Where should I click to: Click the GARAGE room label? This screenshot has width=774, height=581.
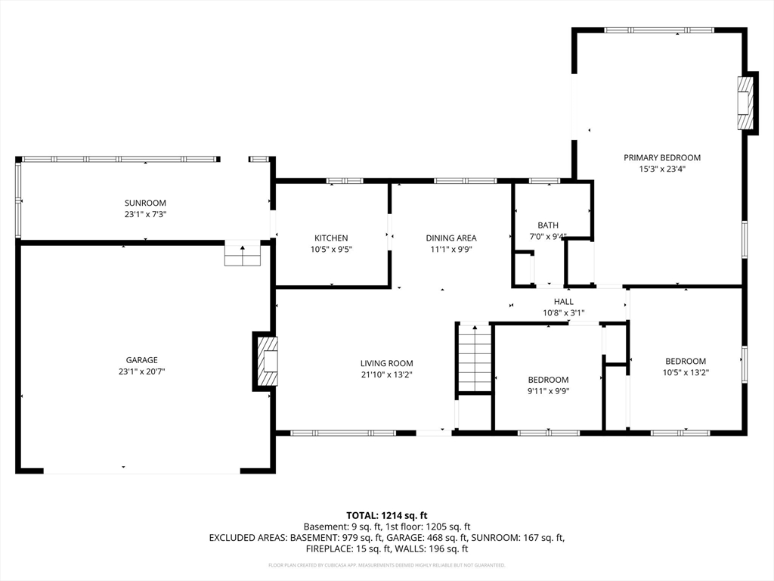pyautogui.click(x=141, y=360)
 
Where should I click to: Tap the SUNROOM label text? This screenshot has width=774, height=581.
pyautogui.click(x=145, y=203)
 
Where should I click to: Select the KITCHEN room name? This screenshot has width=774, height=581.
pyautogui.click(x=331, y=238)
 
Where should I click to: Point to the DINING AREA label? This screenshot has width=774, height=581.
pyautogui.click(x=451, y=238)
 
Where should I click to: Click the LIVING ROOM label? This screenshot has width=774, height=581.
pyautogui.click(x=386, y=364)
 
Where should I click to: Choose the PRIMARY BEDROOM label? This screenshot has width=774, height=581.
pyautogui.click(x=662, y=157)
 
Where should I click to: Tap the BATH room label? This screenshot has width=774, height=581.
pyautogui.click(x=548, y=225)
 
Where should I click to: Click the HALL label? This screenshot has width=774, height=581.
pyautogui.click(x=564, y=301)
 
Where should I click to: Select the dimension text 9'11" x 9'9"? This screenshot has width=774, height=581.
pyautogui.click(x=549, y=391)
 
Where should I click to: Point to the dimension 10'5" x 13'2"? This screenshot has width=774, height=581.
pyautogui.click(x=686, y=372)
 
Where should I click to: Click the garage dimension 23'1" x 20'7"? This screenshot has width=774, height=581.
pyautogui.click(x=141, y=371)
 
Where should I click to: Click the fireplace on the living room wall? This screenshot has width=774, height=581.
pyautogui.click(x=265, y=361)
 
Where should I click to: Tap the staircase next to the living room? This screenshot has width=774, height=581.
pyautogui.click(x=475, y=359)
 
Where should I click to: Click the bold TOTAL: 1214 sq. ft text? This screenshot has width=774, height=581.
pyautogui.click(x=387, y=516)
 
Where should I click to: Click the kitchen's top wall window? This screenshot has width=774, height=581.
pyautogui.click(x=345, y=181)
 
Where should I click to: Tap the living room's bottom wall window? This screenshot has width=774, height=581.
pyautogui.click(x=343, y=433)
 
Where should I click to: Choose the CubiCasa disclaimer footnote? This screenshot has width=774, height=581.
pyautogui.click(x=387, y=565)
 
